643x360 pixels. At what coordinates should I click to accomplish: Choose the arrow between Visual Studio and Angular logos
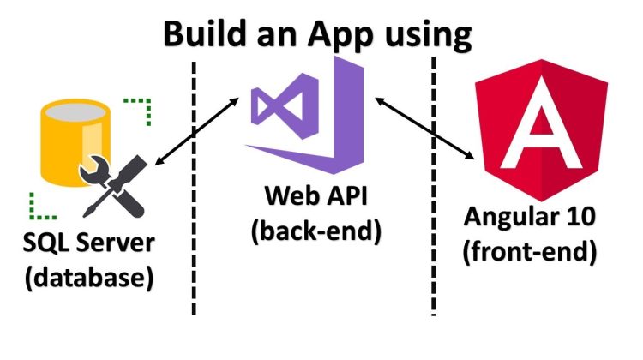coord(425,129)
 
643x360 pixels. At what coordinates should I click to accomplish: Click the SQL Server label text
coord(88,243)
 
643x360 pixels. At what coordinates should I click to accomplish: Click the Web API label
coord(315,201)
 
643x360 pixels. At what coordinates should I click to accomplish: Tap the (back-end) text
coord(315,233)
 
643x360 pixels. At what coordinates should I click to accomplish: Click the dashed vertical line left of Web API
coord(195,257)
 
